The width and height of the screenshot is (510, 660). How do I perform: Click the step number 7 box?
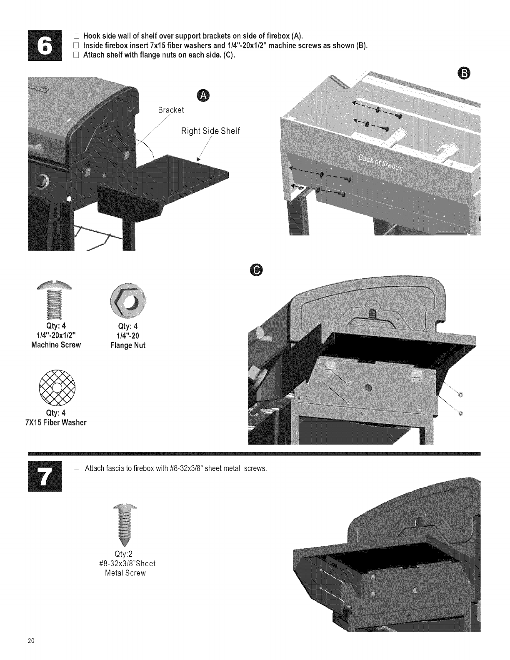click(x=45, y=477)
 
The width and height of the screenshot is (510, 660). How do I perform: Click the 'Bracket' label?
click(x=171, y=110)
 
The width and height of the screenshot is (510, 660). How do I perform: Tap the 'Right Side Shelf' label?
click(x=210, y=131)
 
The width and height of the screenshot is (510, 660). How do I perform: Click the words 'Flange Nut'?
click(x=128, y=345)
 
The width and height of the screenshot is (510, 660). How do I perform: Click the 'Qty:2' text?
click(x=123, y=554)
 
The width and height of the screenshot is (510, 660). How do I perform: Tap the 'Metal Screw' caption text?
click(x=126, y=573)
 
